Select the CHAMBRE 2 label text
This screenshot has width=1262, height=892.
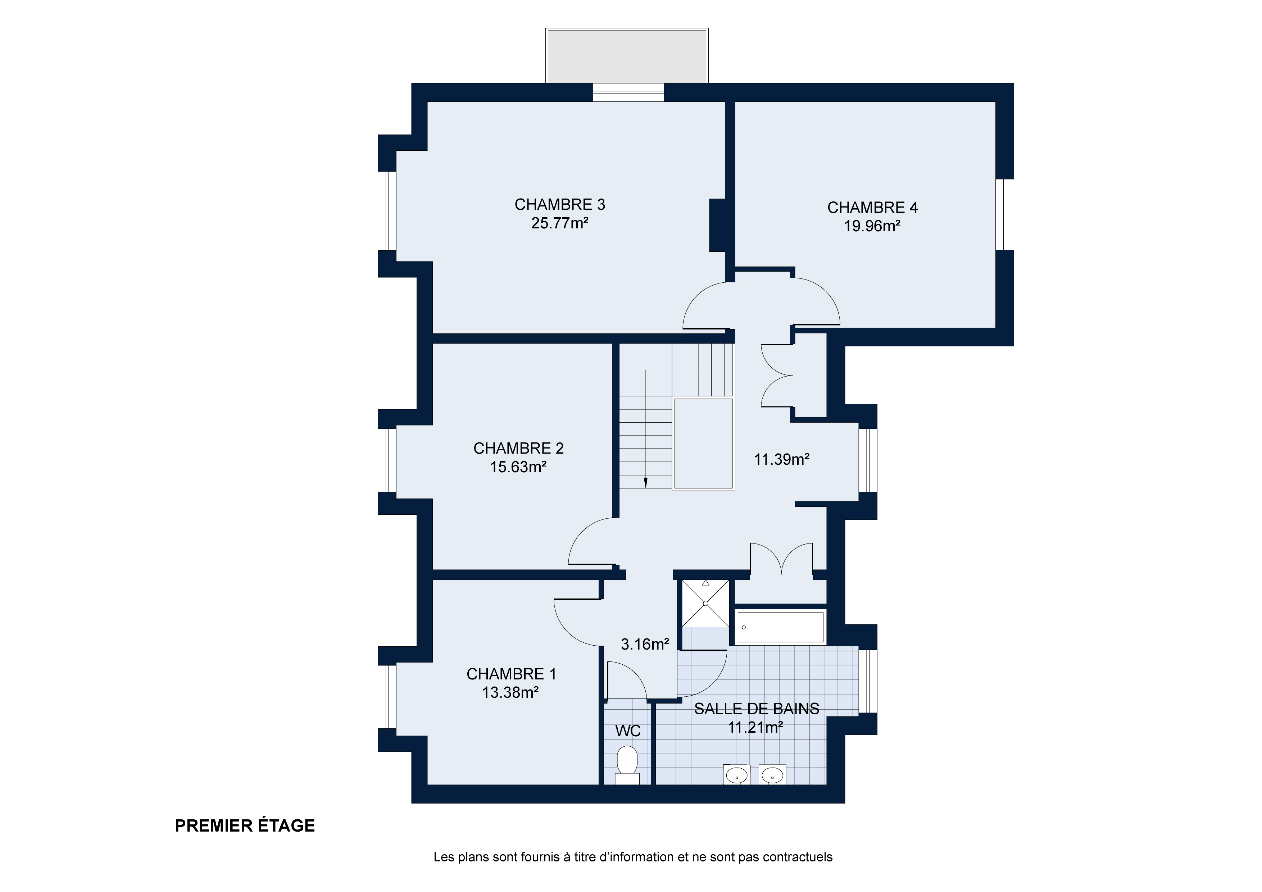[x=518, y=449]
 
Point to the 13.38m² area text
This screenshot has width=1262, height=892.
[x=510, y=692]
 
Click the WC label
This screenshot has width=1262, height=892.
[x=628, y=731]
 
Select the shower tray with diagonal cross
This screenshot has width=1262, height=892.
[x=706, y=603]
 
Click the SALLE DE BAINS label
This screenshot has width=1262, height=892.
[x=756, y=709]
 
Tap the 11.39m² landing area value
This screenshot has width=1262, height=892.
[x=782, y=459]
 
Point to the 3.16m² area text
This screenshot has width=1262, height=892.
[x=645, y=644]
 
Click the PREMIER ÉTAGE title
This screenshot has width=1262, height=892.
[x=245, y=825]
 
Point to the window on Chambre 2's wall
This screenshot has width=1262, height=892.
[x=387, y=460]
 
